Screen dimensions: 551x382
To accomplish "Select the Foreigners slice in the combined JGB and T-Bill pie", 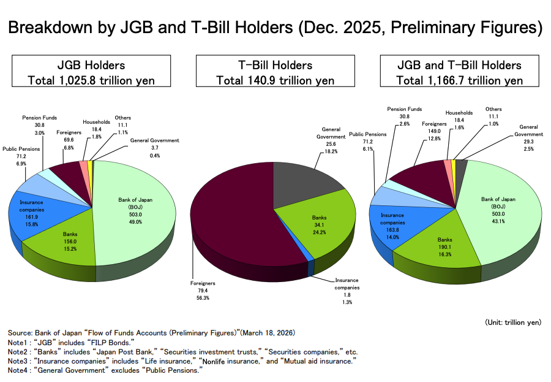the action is (x=422, y=176).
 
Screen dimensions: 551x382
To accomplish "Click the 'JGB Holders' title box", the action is (x=91, y=71).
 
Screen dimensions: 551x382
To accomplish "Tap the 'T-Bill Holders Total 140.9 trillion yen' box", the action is (x=275, y=71).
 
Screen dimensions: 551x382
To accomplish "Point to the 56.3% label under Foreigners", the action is (x=203, y=298).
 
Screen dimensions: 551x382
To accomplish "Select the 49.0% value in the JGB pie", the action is (x=135, y=222).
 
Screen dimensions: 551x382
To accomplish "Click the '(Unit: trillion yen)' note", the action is (x=513, y=323).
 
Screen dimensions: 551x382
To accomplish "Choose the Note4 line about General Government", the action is (x=105, y=370).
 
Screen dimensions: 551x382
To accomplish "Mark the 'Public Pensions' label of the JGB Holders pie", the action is (x=21, y=149).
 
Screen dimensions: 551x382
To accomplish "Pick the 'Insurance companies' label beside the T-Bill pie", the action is (x=347, y=284).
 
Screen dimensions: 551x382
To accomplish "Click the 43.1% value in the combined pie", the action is (x=498, y=221).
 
